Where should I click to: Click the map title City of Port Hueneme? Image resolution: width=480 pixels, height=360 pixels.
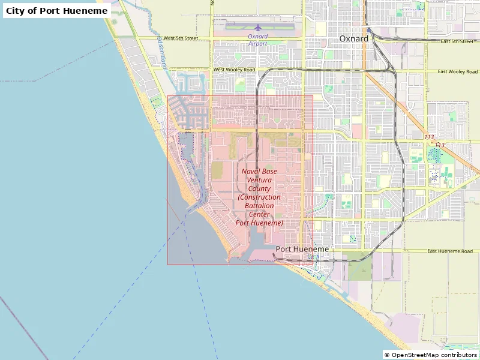tap(57, 11)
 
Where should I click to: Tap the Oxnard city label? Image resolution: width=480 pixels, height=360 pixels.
tap(354, 38)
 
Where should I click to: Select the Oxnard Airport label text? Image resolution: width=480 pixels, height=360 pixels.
tap(257, 40)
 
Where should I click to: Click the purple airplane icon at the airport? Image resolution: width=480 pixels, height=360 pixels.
tap(258, 28)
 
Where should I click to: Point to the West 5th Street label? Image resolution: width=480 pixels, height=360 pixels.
tap(181, 38)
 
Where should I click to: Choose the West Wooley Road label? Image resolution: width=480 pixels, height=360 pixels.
tap(234, 70)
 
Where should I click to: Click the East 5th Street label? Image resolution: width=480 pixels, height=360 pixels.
tap(457, 41)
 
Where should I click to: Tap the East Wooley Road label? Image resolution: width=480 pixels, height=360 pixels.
tap(457, 72)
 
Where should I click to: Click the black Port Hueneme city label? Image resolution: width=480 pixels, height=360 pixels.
tap(302, 249)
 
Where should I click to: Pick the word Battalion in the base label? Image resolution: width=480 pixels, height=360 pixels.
tap(259, 206)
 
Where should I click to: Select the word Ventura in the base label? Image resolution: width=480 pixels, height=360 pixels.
tap(259, 180)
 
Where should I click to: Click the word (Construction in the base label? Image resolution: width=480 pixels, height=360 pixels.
tap(259, 197)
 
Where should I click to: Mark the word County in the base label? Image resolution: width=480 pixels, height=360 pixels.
tap(259, 188)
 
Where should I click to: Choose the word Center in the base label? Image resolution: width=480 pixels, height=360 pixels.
tap(259, 214)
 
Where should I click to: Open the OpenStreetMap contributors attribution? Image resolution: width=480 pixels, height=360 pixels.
tap(431, 355)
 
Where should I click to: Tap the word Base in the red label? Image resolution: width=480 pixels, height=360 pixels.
tap(269, 172)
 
